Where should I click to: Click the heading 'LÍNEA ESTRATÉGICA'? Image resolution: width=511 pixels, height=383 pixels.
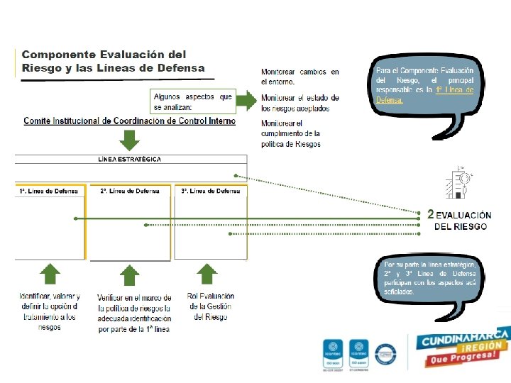pos(129,160)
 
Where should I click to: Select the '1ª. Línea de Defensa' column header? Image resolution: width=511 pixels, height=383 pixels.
pos(49,191)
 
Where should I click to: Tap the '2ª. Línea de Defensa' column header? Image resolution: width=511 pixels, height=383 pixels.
pos(130,191)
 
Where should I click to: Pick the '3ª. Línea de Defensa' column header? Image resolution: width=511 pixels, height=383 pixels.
pos(210,191)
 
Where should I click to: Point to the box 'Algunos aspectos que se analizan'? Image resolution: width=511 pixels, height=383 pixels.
pos(193,101)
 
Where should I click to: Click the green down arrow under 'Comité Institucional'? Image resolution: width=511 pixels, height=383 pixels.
pos(129,140)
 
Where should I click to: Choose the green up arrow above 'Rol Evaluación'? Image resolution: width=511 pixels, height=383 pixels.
pos(207,274)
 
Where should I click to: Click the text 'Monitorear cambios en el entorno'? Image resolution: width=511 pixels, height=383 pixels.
pos(300,77)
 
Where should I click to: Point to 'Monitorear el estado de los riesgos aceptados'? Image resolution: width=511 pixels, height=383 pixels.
pos(300,103)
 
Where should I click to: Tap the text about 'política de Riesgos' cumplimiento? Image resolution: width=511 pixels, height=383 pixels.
pos(291,133)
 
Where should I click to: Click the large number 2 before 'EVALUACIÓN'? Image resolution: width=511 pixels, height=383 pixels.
pos(430,213)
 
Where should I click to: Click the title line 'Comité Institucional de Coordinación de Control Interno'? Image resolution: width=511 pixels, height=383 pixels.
pos(129,121)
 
